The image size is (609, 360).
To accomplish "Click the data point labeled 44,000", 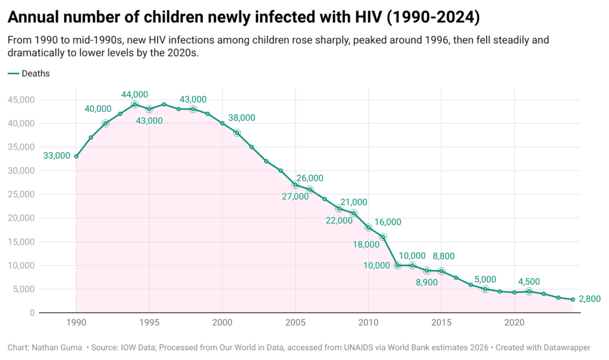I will click(134, 104).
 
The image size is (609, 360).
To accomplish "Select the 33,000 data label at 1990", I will click(56, 156).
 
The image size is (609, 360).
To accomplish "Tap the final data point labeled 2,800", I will click(573, 299).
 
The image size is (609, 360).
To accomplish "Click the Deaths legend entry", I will click(35, 74).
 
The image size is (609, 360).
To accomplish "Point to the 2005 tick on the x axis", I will click(295, 322).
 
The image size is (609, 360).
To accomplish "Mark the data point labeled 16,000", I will click(383, 237).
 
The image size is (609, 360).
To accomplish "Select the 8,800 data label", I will click(444, 256).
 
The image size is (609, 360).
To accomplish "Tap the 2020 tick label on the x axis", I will click(514, 322).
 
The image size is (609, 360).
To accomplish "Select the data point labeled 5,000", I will click(485, 289).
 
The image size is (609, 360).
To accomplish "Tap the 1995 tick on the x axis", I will click(149, 322).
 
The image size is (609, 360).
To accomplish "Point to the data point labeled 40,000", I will click(105, 123).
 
